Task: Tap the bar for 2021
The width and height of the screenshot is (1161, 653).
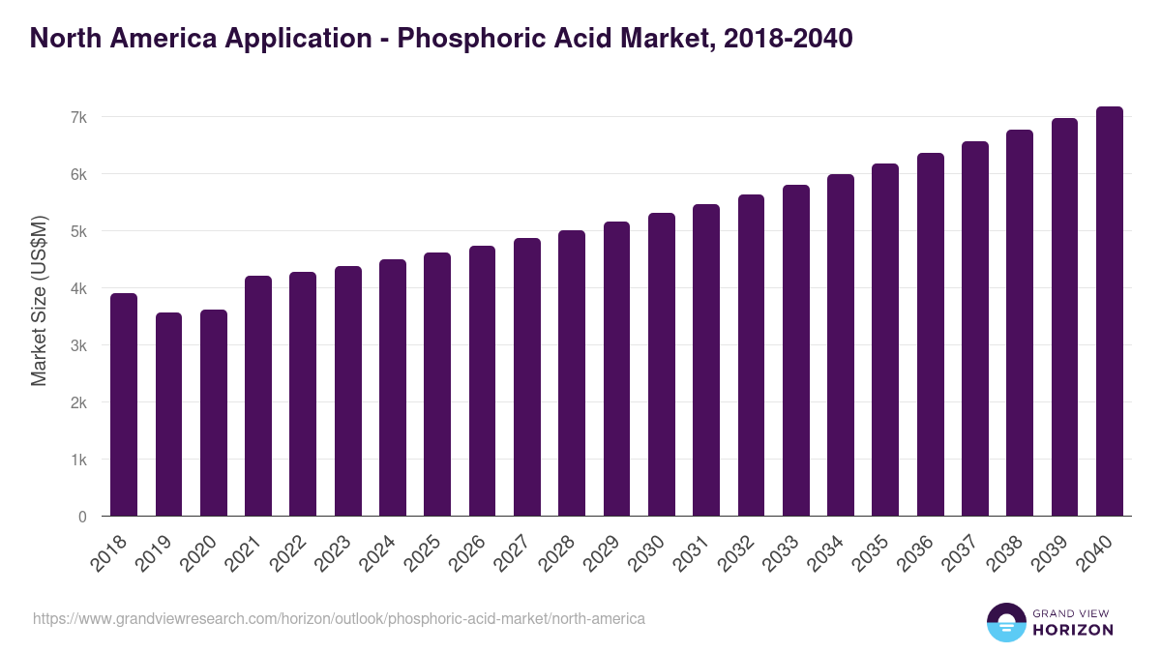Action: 258,396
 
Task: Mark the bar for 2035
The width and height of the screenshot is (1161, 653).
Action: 885,340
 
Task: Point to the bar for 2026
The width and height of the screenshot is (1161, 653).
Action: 482,381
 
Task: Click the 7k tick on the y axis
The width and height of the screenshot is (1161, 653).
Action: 79,117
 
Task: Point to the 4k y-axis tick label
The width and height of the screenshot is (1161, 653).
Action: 79,288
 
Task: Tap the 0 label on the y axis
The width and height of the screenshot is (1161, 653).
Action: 83,517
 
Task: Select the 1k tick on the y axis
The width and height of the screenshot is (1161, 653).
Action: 79,460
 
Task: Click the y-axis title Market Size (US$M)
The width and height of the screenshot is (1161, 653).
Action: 39,299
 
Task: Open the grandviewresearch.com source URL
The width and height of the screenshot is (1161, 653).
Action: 339,618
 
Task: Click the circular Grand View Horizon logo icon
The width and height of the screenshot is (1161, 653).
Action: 1005,622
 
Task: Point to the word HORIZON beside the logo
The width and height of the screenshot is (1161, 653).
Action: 1073,630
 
